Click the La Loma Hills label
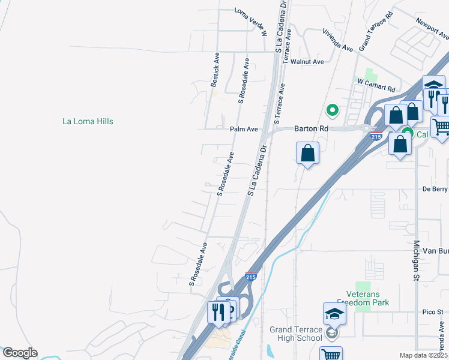(88, 121)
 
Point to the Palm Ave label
(243, 129)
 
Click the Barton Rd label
(311, 128)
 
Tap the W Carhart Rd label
(376, 85)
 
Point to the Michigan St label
(415, 261)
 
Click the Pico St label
(432, 312)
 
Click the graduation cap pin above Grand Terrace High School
(335, 313)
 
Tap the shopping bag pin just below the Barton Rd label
(307, 152)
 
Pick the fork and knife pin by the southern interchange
(217, 311)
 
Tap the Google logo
(20, 353)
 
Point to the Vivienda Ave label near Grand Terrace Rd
(337, 40)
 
